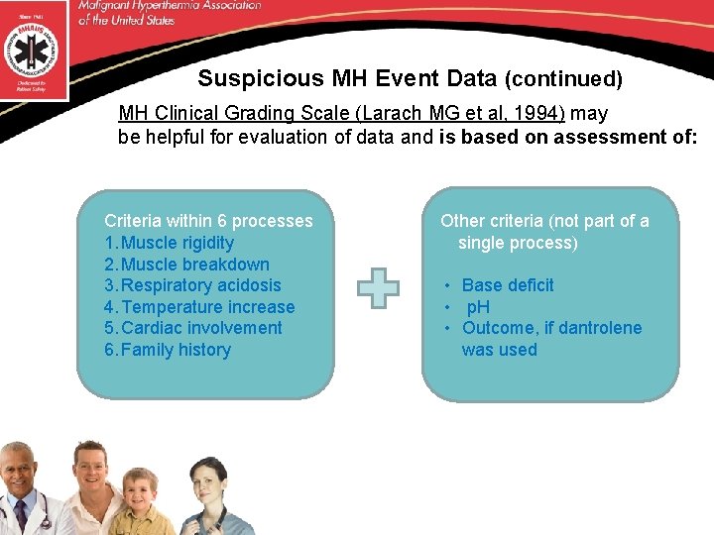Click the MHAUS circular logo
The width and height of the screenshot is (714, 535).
(x=33, y=48)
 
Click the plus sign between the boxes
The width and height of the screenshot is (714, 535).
(x=378, y=288)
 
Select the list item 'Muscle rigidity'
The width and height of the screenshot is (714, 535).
(x=177, y=243)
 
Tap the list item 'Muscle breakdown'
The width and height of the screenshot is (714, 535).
(x=194, y=265)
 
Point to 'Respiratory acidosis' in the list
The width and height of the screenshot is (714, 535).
(x=200, y=285)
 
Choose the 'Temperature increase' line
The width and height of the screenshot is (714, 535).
(x=207, y=307)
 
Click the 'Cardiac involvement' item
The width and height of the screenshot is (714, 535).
(x=201, y=328)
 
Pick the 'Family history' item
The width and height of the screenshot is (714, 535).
(x=176, y=350)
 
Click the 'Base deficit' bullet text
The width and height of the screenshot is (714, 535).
(x=508, y=285)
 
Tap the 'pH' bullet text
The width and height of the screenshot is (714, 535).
(x=478, y=307)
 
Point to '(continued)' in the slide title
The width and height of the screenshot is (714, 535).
(x=563, y=78)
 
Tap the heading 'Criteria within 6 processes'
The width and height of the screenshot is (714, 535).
(x=208, y=221)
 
